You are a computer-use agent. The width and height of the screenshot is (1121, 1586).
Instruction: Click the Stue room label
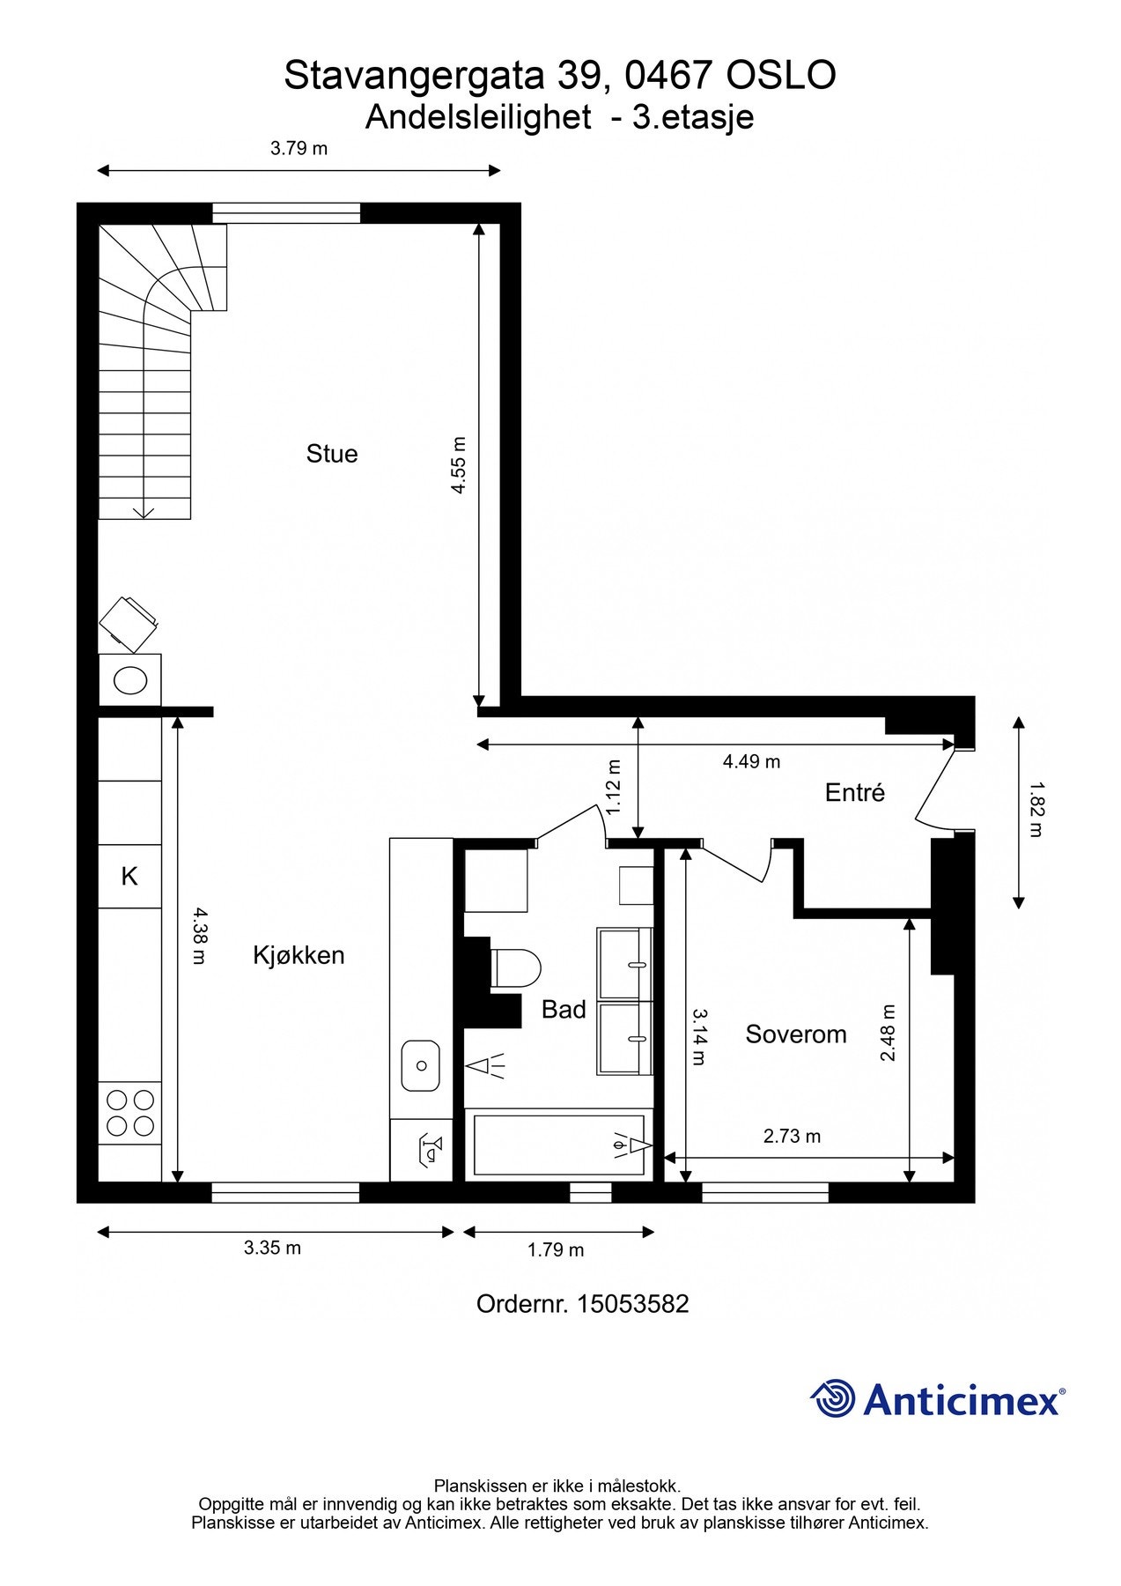[x=332, y=454]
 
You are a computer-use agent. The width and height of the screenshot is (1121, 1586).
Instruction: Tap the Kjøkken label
[x=299, y=955]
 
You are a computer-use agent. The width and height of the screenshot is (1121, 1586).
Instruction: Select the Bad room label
[x=564, y=1010]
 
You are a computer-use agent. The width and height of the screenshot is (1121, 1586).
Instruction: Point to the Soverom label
[x=796, y=1034]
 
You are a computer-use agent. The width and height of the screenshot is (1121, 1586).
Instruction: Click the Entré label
[x=854, y=793]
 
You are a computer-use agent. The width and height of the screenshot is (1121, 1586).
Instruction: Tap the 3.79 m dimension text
[x=299, y=148]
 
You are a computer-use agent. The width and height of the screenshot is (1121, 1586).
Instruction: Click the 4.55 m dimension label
[x=459, y=465]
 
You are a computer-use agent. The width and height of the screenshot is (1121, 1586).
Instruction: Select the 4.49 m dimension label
[x=751, y=761]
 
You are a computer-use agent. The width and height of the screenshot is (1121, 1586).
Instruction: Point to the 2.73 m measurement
[x=792, y=1137]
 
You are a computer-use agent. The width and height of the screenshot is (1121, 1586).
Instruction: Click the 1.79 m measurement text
[x=556, y=1249]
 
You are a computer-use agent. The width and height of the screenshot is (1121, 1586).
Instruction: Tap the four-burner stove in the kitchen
[x=130, y=1113]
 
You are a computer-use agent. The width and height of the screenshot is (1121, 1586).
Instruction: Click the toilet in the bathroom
[x=516, y=967]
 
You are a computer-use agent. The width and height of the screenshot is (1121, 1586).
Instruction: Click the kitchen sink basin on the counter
[x=421, y=1065]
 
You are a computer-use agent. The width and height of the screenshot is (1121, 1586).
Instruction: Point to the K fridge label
[x=129, y=877]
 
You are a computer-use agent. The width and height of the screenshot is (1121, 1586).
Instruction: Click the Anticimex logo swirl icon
[x=833, y=1398]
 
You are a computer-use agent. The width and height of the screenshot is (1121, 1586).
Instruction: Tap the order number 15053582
[x=632, y=1304]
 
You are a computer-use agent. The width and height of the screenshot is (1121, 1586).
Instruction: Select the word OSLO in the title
[x=780, y=77]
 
